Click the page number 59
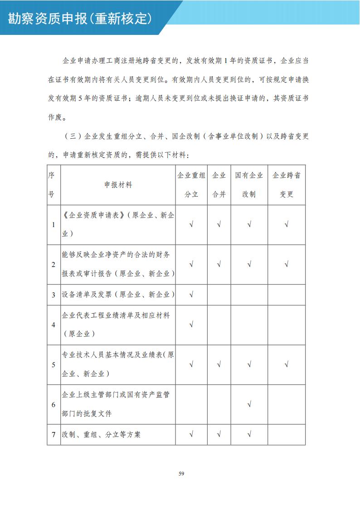click(x=181, y=474)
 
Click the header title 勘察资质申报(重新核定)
click(x=79, y=19)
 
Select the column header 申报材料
click(x=118, y=185)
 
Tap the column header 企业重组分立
click(x=191, y=185)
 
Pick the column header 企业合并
click(x=219, y=185)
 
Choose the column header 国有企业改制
click(x=249, y=185)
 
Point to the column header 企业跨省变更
click(x=286, y=185)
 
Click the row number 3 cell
click(x=54, y=295)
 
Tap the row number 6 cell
click(x=54, y=404)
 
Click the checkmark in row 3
click(x=191, y=295)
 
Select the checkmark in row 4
click(x=191, y=325)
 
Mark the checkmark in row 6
click(x=249, y=404)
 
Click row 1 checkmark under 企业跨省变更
click(x=286, y=225)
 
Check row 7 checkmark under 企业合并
click(x=219, y=434)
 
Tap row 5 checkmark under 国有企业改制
click(x=249, y=364)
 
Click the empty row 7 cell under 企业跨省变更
click(x=286, y=434)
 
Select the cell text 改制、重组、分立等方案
click(x=102, y=434)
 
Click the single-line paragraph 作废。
click(x=58, y=117)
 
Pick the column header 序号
click(x=52, y=185)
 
